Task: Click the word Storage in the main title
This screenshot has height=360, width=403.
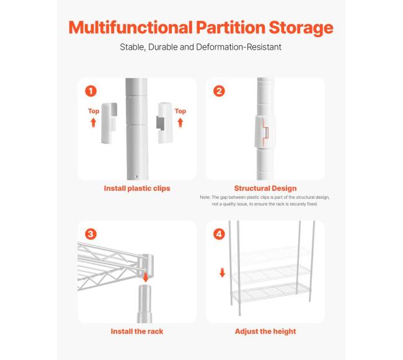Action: click(301, 28)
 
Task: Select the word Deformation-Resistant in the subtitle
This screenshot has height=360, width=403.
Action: click(239, 47)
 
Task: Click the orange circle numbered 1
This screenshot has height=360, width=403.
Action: click(91, 91)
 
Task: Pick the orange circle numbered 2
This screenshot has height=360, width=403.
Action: click(219, 91)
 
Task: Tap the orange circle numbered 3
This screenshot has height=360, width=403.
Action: click(91, 234)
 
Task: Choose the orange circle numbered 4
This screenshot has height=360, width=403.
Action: click(219, 234)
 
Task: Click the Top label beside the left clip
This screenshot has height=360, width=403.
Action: click(94, 111)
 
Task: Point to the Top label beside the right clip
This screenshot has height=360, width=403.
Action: click(180, 111)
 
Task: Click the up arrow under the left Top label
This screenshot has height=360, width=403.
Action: click(93, 123)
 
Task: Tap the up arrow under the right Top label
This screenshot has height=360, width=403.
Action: click(180, 123)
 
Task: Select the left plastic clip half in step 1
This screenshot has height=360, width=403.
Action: click(109, 123)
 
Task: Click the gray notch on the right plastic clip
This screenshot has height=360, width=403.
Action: click(161, 123)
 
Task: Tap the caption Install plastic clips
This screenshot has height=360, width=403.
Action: click(137, 188)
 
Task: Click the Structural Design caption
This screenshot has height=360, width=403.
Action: click(265, 188)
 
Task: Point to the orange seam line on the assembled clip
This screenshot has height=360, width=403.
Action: click(265, 131)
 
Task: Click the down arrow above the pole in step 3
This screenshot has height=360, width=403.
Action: click(146, 278)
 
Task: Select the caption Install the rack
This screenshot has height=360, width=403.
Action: click(137, 331)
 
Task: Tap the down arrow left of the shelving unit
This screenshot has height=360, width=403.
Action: click(223, 273)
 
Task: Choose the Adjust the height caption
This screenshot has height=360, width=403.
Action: click(265, 331)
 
